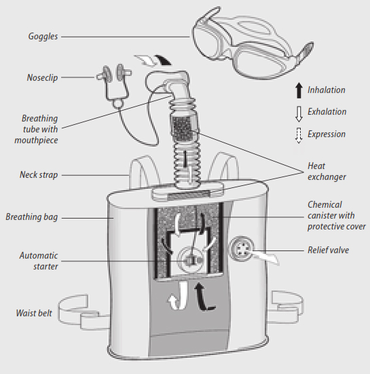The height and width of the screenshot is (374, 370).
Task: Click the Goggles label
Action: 43,37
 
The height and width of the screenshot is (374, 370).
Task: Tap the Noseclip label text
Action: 42,77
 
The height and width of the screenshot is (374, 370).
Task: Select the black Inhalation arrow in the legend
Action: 299,90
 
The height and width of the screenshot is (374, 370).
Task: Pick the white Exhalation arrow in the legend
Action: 299,114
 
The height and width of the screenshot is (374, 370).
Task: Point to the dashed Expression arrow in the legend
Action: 299,136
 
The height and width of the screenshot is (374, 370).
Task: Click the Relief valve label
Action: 329,250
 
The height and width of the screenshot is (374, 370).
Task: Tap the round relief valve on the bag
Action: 242,249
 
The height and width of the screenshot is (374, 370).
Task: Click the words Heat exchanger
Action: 327,171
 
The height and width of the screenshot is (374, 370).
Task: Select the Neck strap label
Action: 39,174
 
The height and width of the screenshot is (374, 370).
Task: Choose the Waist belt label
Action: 34,313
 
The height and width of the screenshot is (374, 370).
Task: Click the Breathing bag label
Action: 32,217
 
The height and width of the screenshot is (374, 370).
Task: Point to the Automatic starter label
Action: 39,261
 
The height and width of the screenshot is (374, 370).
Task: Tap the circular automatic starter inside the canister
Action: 190,259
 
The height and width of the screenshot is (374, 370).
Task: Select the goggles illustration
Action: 253,43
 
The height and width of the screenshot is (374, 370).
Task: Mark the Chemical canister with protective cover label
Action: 336,215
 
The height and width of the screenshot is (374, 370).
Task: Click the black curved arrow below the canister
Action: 203,297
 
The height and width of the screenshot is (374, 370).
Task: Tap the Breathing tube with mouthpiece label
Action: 36,129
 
